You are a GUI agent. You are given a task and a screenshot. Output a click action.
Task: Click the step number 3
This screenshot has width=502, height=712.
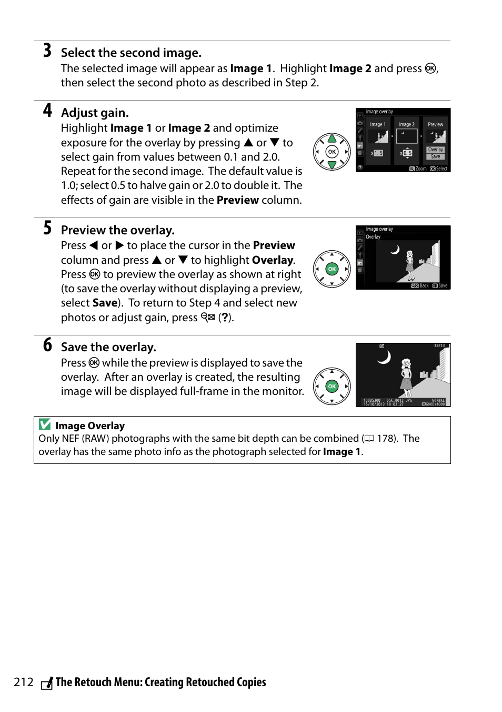47,51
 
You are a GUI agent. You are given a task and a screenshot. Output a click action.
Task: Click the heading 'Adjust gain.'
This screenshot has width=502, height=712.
95,113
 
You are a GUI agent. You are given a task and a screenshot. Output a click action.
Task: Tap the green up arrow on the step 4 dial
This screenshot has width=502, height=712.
332,139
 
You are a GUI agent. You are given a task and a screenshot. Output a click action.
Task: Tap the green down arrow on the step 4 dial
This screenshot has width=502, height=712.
332,165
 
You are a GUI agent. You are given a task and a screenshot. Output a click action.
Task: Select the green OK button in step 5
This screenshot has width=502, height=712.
332,269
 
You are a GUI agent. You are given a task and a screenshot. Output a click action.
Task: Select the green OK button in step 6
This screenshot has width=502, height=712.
332,387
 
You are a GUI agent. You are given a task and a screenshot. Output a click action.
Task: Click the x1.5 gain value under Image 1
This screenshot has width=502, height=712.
377,153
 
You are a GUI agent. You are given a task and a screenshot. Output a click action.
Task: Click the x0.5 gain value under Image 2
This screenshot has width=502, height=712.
406,153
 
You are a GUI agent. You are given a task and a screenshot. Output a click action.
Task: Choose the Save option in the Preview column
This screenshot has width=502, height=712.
436,156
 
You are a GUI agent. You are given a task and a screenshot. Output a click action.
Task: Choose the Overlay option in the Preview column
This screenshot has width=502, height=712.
436,150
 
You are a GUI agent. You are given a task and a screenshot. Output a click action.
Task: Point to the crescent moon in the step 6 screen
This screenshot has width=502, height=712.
385,358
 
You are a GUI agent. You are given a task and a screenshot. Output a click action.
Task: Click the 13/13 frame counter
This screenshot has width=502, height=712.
439,346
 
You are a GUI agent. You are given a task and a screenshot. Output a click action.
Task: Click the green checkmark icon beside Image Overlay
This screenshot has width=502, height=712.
45,424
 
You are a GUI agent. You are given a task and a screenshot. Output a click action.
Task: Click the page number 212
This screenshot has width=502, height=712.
24,683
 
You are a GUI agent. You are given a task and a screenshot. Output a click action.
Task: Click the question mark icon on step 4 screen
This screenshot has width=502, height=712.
360,167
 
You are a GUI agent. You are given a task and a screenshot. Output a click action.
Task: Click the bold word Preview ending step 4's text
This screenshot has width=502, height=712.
237,200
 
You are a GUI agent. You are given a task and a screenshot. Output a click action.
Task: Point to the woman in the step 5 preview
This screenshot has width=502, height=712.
409,266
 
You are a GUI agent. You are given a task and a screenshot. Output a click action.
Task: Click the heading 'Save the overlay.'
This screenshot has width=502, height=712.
108,347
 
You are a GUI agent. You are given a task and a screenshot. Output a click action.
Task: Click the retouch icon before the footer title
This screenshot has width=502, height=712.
47,684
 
